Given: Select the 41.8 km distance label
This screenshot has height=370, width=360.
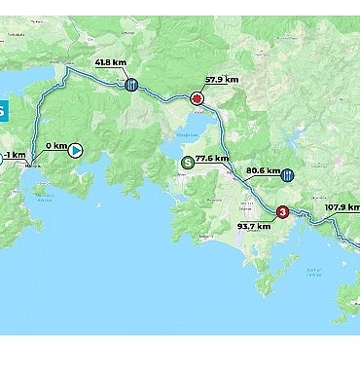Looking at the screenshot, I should (111, 63).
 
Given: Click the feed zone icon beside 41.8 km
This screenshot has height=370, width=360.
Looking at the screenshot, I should (131, 85).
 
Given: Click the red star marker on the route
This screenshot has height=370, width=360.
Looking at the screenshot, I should (198, 99).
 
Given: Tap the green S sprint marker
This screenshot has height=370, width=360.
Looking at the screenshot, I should (186, 163).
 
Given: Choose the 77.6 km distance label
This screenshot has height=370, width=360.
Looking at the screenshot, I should (212, 158).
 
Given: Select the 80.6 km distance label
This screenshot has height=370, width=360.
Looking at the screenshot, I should (263, 169).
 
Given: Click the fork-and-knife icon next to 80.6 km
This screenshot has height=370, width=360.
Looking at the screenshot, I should (287, 175).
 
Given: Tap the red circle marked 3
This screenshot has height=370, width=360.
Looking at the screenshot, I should (282, 211).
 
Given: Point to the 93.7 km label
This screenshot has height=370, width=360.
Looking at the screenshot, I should (254, 227).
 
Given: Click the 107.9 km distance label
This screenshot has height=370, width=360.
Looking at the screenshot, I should (341, 206).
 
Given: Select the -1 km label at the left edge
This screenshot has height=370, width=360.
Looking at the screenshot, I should (13, 154).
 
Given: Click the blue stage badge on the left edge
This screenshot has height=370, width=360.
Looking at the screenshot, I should (3, 110).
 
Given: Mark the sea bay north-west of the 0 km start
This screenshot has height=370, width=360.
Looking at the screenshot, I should (19, 83).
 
